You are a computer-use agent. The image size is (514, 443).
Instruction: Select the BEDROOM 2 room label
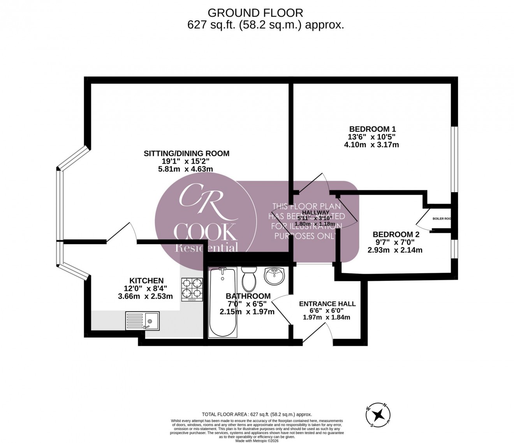(396, 235)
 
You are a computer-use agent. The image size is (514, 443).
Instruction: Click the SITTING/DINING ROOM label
(187, 153)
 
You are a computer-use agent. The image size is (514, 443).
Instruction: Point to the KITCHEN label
(146, 280)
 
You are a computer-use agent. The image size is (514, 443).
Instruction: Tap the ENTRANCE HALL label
(327, 304)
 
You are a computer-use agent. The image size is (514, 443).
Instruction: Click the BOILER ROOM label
(442, 219)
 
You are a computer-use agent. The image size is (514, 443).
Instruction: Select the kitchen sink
(142, 321)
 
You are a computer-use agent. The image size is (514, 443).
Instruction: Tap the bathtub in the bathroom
(223, 302)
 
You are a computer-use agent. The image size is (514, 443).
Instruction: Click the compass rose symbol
(378, 415)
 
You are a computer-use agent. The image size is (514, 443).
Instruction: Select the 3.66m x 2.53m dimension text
(145, 296)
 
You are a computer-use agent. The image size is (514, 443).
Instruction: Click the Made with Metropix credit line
(257, 439)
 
